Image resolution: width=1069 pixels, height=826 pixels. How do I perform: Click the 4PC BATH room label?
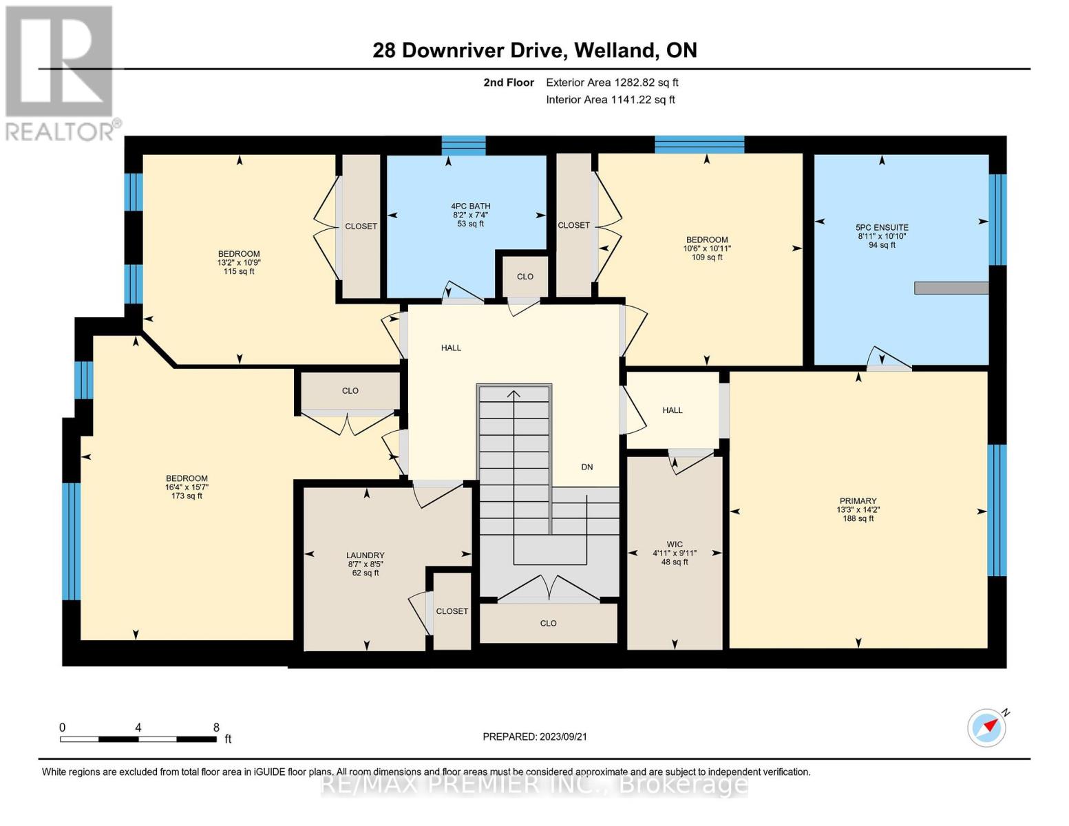(470, 206)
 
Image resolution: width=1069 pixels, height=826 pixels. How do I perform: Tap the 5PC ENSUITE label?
(881, 227)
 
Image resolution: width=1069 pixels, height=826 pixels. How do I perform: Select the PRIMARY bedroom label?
(857, 501)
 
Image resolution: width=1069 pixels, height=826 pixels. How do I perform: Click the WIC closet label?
(674, 544)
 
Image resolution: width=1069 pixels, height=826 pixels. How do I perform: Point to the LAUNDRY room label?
(365, 555)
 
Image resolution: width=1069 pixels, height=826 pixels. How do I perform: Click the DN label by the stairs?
(586, 467)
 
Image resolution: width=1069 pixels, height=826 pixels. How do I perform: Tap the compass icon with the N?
(987, 727)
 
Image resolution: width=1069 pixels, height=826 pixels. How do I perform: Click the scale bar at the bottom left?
(138, 739)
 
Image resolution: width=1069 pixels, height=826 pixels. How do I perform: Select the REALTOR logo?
(61, 72)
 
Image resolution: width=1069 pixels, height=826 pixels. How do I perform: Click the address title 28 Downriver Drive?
(534, 50)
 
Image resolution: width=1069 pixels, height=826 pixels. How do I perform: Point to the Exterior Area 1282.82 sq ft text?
(612, 83)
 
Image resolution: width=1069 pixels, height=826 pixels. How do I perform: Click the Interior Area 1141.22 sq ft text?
(610, 100)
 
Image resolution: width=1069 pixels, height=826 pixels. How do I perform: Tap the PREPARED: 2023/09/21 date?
(534, 737)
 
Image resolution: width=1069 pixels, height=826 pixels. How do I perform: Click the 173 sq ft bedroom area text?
(187, 496)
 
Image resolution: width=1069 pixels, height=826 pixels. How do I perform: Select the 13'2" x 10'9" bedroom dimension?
(239, 262)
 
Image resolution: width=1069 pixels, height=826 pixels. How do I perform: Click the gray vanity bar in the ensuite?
(951, 288)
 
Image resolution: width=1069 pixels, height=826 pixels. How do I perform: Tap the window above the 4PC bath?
(463, 145)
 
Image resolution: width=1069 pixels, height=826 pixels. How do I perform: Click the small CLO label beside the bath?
(525, 277)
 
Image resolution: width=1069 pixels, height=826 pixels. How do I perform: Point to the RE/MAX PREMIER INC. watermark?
(534, 784)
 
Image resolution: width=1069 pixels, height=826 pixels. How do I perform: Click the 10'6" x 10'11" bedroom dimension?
(706, 248)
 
